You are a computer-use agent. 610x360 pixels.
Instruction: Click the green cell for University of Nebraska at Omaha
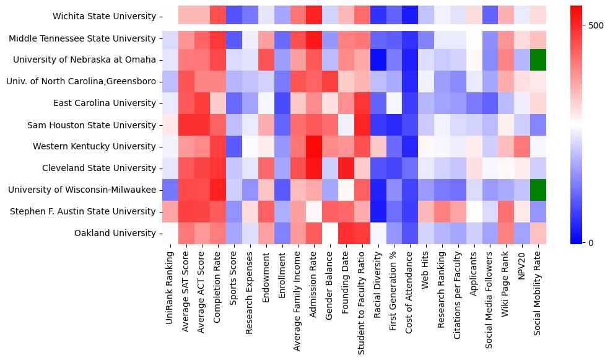click(x=539, y=60)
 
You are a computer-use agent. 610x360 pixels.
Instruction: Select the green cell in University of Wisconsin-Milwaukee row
click(x=539, y=190)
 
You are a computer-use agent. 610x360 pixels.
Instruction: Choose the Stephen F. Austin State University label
click(x=83, y=211)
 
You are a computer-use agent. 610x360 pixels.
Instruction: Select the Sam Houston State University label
click(x=92, y=125)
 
